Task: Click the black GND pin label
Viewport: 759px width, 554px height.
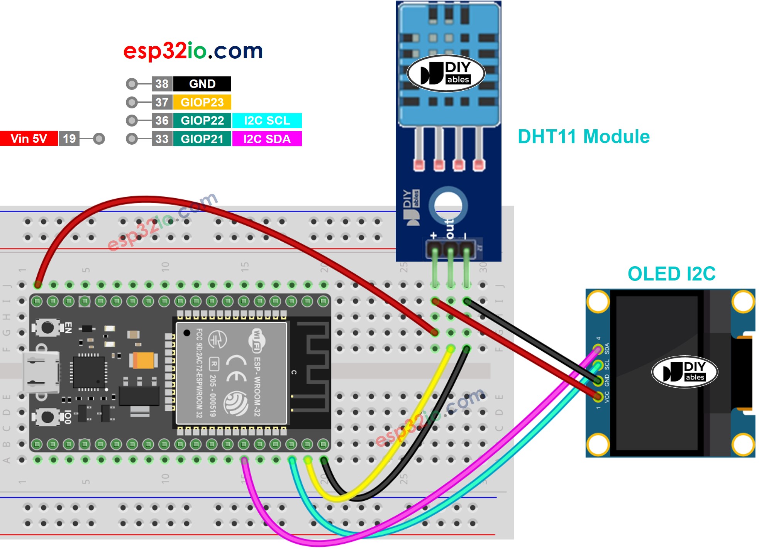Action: (202, 84)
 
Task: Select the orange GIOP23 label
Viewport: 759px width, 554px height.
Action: (202, 102)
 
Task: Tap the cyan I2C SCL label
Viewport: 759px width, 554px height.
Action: (267, 120)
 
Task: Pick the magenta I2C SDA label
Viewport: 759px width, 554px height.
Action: (267, 139)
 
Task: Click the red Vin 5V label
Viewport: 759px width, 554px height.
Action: (29, 138)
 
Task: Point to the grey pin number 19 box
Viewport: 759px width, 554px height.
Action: (69, 138)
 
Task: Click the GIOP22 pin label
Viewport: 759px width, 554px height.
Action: (202, 120)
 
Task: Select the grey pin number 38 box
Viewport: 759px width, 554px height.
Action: (162, 84)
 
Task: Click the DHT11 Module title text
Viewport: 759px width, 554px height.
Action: (583, 137)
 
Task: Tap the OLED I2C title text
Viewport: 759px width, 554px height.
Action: (671, 274)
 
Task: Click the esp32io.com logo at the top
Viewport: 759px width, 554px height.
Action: (193, 51)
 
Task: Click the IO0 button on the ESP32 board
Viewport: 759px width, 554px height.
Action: (47, 417)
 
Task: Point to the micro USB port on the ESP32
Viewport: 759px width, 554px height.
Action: (41, 372)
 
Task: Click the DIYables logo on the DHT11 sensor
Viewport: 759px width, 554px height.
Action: (446, 73)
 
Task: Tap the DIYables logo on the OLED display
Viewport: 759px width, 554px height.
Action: (684, 372)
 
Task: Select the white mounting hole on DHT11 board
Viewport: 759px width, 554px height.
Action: (448, 204)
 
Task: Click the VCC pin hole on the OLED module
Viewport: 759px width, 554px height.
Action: (598, 396)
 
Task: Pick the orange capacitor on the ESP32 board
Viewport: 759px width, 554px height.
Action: (143, 360)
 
